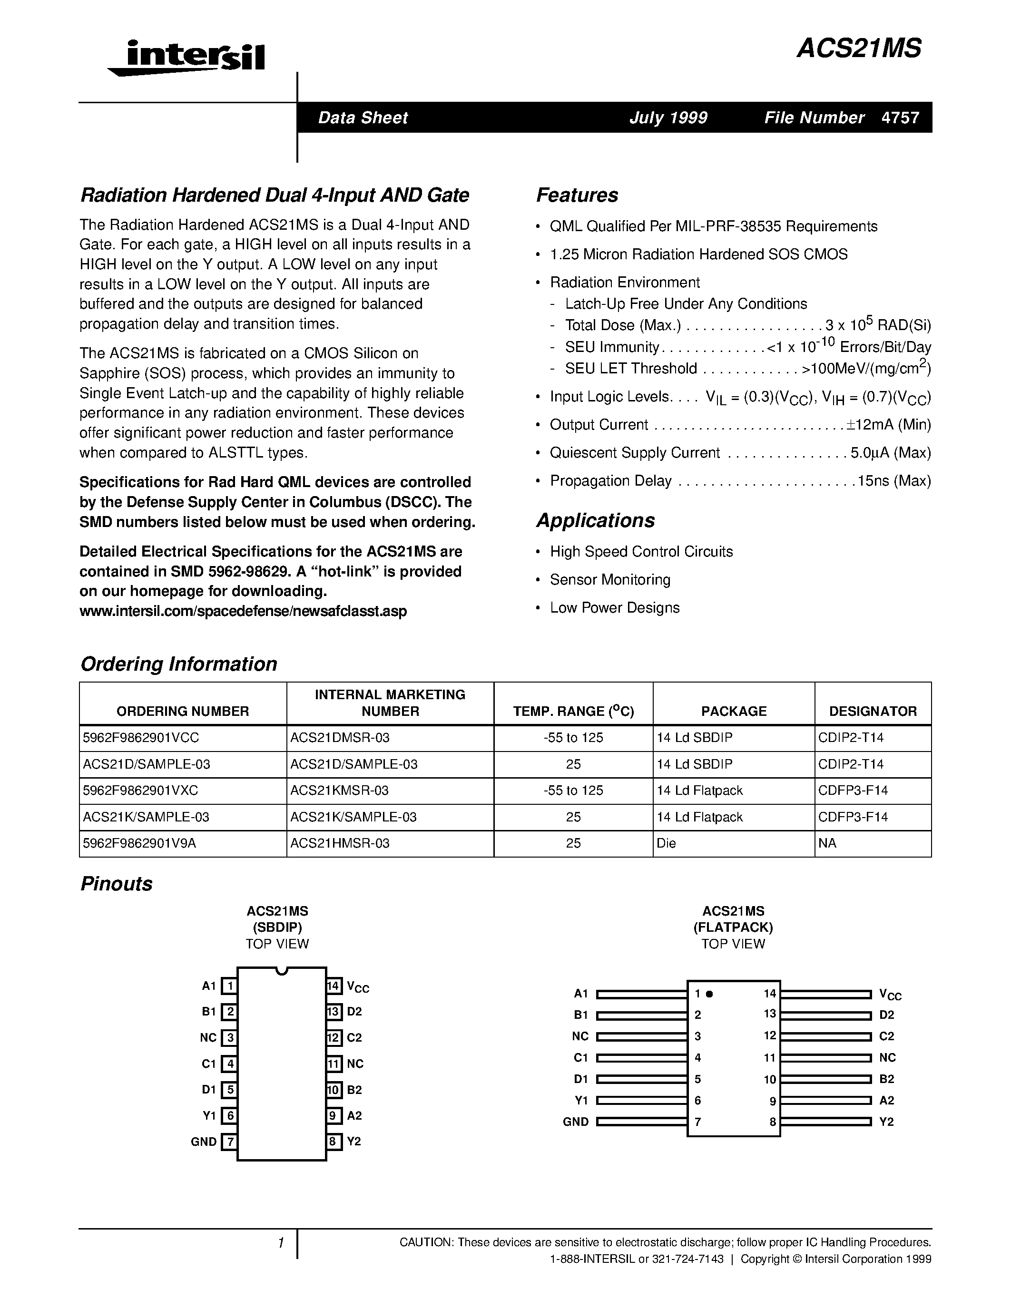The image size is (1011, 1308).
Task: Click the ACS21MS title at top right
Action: tap(859, 49)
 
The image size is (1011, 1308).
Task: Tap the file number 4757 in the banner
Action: tap(900, 117)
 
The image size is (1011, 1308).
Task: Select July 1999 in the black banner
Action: tap(668, 117)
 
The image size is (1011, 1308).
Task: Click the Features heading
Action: tap(577, 195)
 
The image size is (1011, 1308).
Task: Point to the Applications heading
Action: tap(595, 520)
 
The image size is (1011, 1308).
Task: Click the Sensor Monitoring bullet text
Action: tap(610, 580)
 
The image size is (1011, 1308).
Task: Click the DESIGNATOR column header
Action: tap(872, 711)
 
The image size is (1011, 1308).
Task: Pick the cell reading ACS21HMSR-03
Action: tap(340, 843)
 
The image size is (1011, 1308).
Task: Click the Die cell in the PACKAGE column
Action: tap(666, 843)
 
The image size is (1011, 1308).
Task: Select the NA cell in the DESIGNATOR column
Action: tap(827, 843)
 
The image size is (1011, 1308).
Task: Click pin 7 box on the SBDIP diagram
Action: tap(229, 1142)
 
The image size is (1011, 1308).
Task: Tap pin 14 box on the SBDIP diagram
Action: tap(334, 986)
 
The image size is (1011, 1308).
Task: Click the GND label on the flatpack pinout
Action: tap(576, 1122)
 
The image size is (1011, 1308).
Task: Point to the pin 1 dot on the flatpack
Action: tap(710, 994)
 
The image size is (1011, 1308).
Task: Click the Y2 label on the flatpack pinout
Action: tap(886, 1122)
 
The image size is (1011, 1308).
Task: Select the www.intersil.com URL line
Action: tap(243, 612)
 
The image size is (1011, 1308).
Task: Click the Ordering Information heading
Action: tap(178, 664)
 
